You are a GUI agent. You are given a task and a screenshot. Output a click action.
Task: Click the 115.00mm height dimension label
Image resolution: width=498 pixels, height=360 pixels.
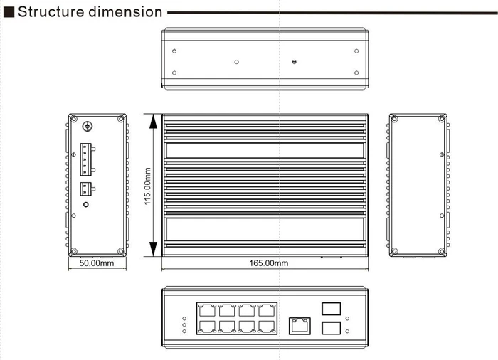(x=148, y=186)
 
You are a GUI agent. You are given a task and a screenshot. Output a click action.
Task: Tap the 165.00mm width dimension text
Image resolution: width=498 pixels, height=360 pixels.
(x=269, y=263)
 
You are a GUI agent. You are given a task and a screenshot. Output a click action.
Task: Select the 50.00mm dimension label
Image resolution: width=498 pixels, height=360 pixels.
(x=97, y=263)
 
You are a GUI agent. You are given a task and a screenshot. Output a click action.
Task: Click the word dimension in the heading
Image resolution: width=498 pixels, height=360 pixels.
(x=125, y=12)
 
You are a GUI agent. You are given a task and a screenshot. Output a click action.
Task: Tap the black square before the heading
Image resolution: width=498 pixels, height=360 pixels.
(x=9, y=12)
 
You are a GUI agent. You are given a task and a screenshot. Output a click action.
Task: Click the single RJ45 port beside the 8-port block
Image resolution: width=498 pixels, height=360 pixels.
(x=300, y=326)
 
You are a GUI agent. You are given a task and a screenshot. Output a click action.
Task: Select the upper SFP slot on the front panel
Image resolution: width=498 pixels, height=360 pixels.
(x=332, y=309)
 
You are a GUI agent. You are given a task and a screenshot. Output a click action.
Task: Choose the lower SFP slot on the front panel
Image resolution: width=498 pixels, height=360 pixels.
(x=332, y=328)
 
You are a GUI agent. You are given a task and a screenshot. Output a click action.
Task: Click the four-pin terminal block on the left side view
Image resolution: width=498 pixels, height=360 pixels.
(x=86, y=159)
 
